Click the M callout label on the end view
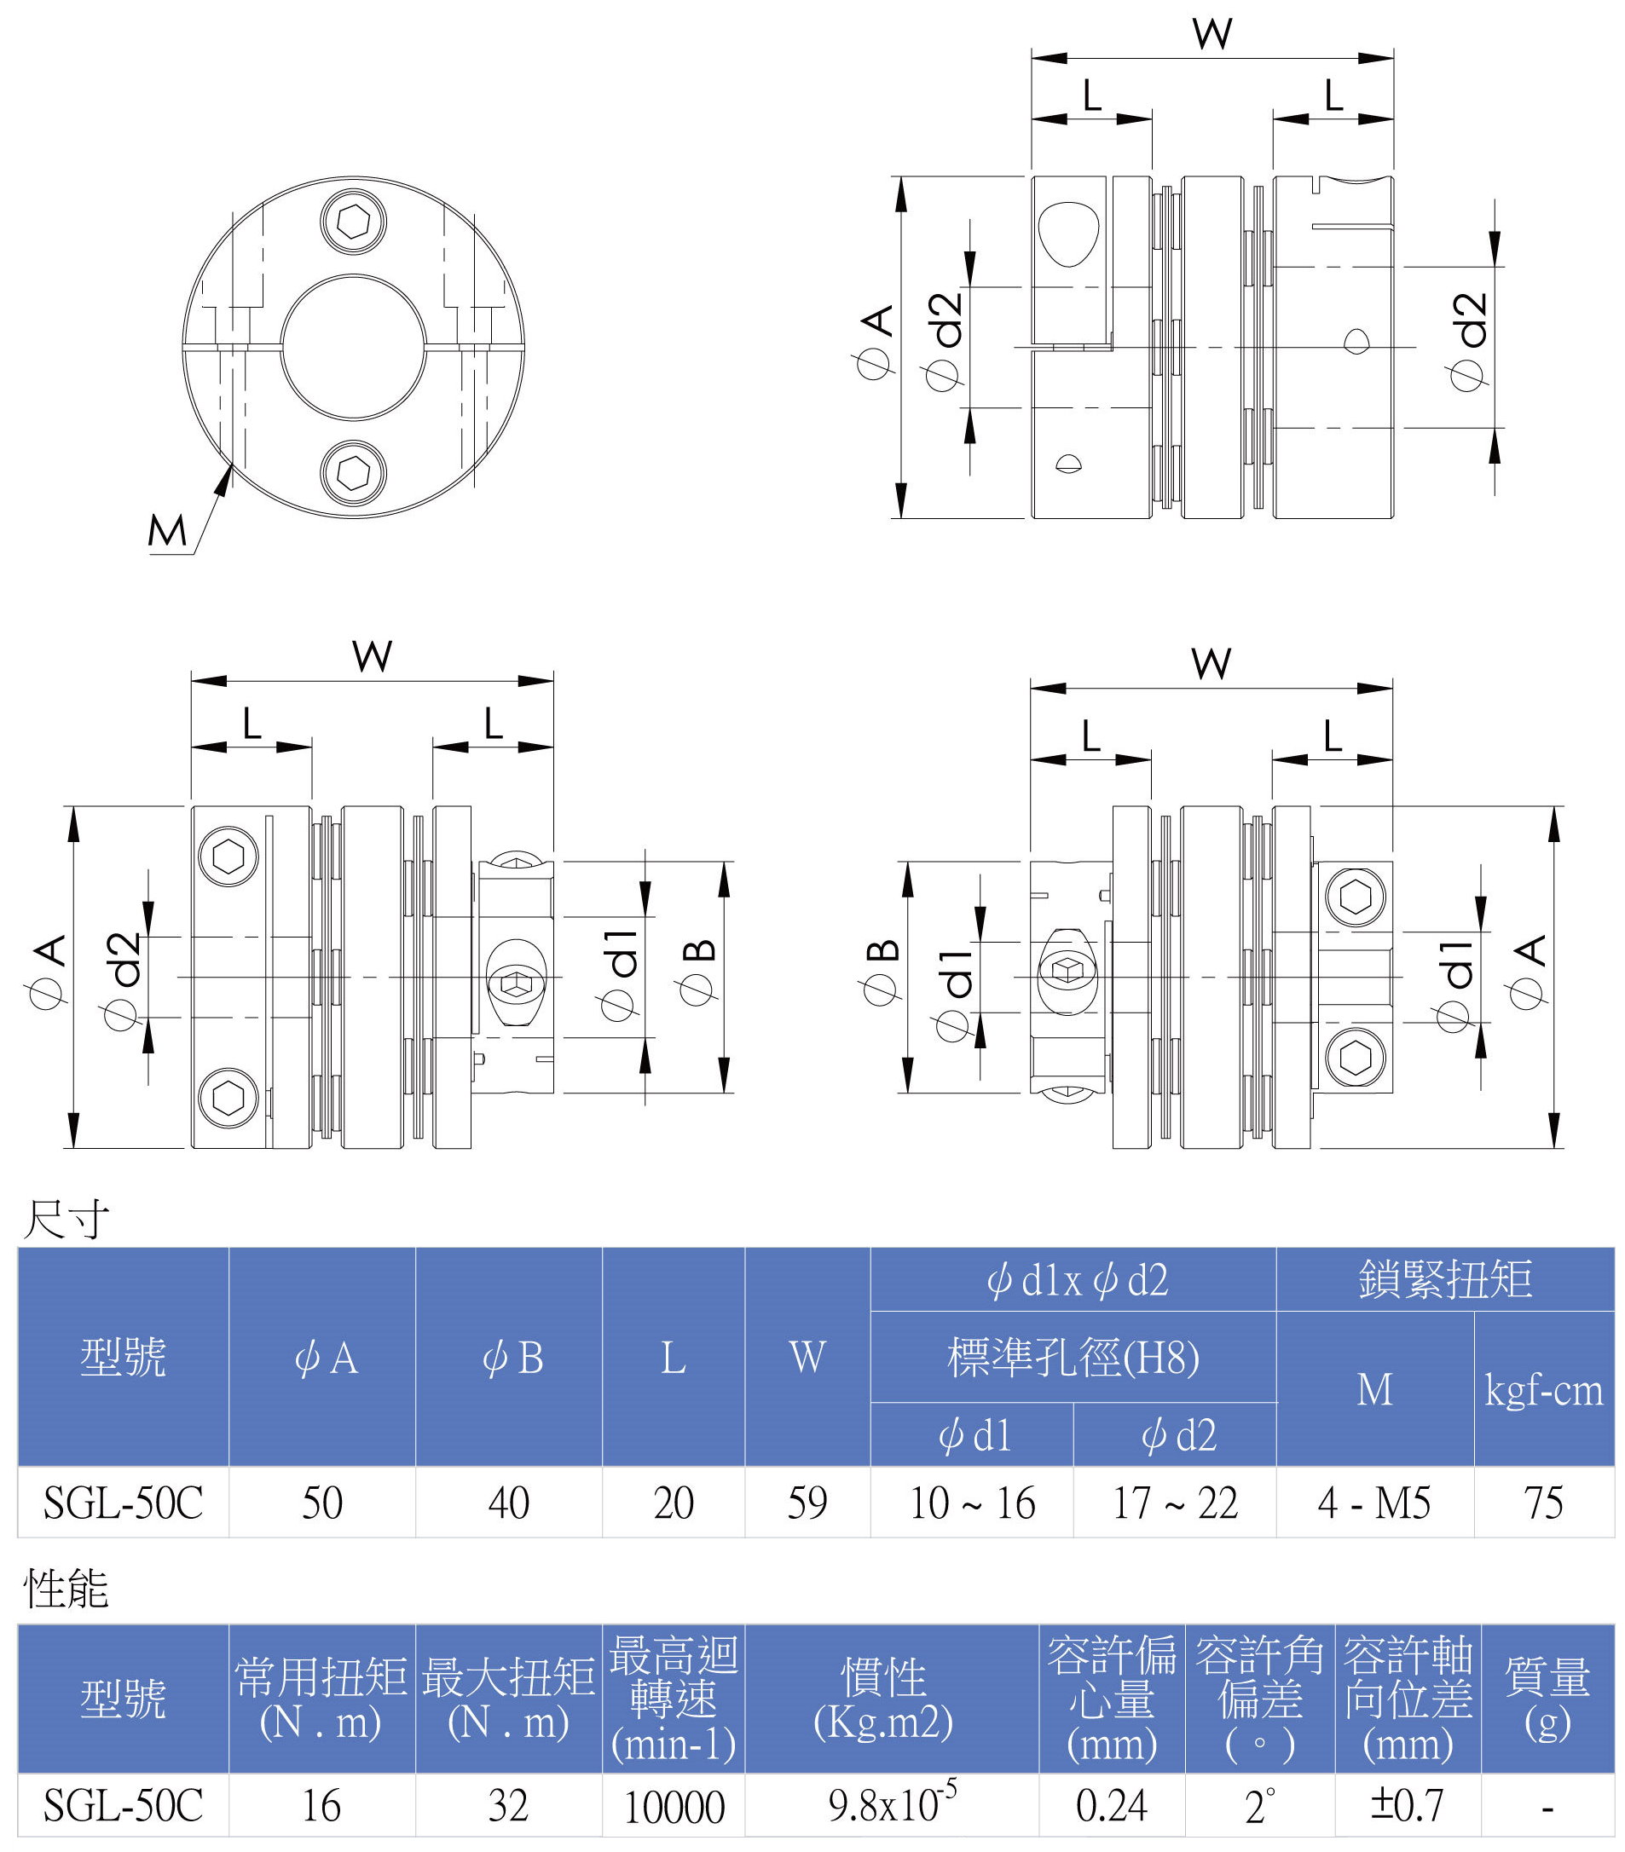(x=167, y=531)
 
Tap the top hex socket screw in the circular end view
(x=354, y=221)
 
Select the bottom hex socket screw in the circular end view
(x=354, y=472)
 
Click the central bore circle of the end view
(x=354, y=347)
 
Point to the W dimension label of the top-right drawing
(x=1212, y=34)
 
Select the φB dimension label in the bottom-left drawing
(x=699, y=973)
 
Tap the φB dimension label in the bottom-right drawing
(x=881, y=973)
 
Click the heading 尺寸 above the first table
(x=66, y=1220)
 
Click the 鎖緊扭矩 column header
(x=1444, y=1278)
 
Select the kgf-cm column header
(x=1543, y=1390)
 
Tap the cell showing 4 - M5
(x=1374, y=1503)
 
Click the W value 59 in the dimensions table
(x=807, y=1503)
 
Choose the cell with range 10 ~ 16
(x=972, y=1503)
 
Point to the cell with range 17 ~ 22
(x=1175, y=1503)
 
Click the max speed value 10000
(x=674, y=1808)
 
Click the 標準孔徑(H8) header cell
(x=1073, y=1358)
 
